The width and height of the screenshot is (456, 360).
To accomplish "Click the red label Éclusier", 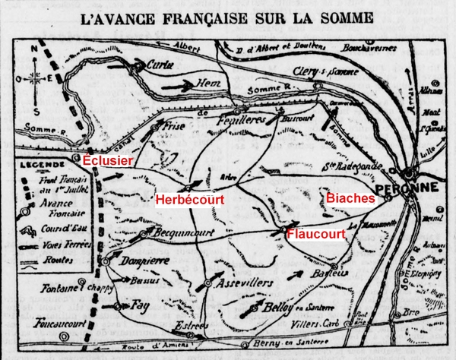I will point(107,160).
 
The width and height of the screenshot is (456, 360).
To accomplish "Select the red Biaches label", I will point(350,197).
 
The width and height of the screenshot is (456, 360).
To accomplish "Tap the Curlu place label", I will point(160,65).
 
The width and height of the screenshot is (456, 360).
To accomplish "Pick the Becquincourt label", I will point(176,232).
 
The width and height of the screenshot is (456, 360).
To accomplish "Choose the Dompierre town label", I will point(141,262).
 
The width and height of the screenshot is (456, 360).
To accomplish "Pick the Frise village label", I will point(173,128).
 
